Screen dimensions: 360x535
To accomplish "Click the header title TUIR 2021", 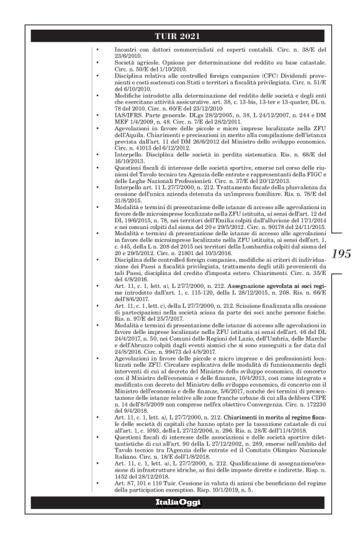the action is click(179, 34).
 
